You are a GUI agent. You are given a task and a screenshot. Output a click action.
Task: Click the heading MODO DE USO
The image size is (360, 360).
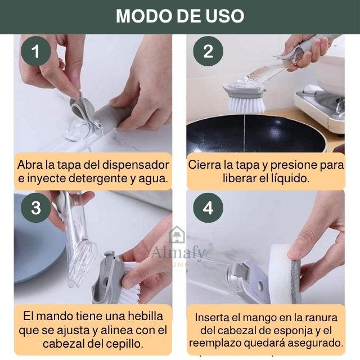180,16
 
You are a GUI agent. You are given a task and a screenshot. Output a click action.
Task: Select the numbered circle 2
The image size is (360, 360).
209,52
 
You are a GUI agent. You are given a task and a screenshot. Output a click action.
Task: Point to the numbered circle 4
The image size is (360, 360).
209,208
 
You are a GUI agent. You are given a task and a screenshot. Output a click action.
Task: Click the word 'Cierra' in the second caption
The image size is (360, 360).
206,165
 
